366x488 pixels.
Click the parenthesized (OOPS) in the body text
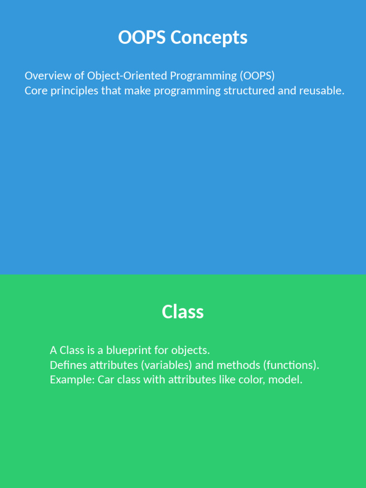(x=257, y=76)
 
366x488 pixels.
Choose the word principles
(x=74, y=91)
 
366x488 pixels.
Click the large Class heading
(x=183, y=312)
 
